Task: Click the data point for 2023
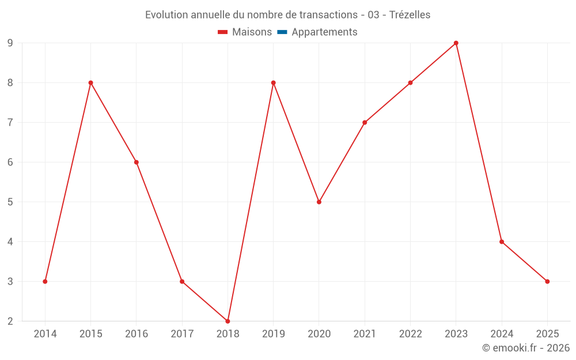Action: [456, 43]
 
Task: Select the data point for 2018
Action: [228, 321]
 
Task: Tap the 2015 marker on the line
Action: [90, 83]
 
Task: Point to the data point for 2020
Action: [319, 202]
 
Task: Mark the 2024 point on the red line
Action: [502, 242]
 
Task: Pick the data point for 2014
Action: [45, 282]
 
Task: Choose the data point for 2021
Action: [365, 123]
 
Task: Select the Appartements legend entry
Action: [324, 32]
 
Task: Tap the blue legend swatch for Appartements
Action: [282, 32]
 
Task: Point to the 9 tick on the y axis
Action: [10, 43]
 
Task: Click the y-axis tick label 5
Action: [10, 202]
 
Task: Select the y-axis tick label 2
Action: [10, 321]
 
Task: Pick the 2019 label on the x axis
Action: [273, 334]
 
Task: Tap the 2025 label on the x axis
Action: [547, 334]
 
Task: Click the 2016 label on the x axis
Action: [136, 334]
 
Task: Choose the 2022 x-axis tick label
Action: [410, 334]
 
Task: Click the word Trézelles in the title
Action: [410, 15]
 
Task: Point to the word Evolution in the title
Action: [168, 15]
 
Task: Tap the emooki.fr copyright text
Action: [526, 348]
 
